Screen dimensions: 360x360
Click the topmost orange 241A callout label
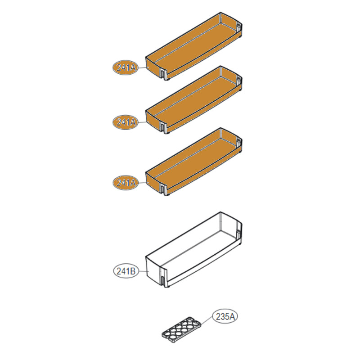pos(126,68)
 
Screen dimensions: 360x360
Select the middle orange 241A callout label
pos(126,122)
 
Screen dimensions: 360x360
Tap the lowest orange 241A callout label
pos(126,183)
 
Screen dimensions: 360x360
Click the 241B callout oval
pos(126,271)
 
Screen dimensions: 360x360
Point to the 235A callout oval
pos(225,317)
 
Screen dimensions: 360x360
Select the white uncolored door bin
pos(194,250)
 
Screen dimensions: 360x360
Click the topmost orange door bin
pos(194,46)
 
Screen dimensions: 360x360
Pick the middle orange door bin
pos(194,100)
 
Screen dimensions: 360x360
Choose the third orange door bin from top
pos(194,162)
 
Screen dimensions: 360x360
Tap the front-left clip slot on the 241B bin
pos(163,281)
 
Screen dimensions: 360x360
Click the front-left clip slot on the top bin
pos(163,74)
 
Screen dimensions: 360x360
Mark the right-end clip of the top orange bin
pos(238,27)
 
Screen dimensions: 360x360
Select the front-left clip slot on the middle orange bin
pos(163,128)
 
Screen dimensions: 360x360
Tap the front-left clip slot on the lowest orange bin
pos(163,189)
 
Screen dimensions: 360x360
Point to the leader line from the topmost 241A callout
pos(142,68)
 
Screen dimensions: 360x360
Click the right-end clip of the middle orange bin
pos(238,81)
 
